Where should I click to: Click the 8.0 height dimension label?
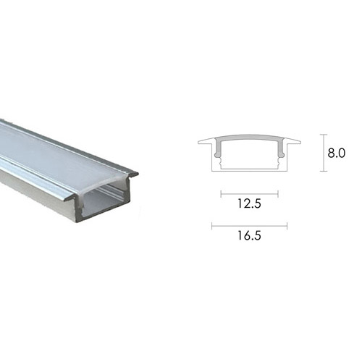337,153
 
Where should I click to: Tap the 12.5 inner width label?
249,203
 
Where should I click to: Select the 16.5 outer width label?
249,235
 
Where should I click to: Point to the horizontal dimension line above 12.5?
250,194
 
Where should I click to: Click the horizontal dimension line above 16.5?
250,226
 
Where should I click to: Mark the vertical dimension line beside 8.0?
324,153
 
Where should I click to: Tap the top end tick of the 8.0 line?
324,135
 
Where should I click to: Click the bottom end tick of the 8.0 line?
324,172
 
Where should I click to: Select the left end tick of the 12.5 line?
221,194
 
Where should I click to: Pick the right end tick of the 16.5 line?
287,226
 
